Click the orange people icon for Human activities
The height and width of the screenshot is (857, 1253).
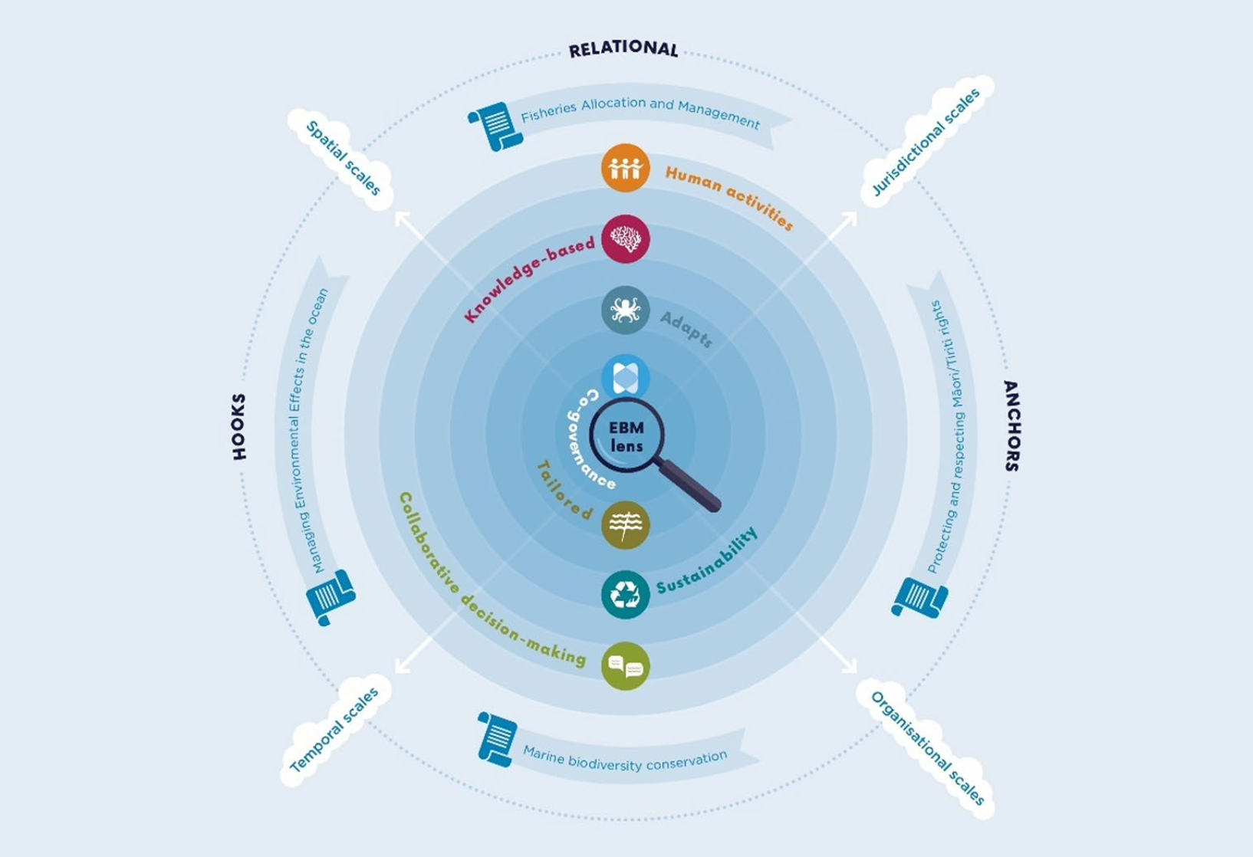pos(625,168)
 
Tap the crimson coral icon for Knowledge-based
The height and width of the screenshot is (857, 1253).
pos(625,239)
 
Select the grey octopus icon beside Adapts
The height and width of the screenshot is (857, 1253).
pos(625,310)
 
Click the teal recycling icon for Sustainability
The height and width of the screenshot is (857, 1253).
pos(625,594)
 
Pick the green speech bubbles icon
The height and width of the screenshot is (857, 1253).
pos(625,665)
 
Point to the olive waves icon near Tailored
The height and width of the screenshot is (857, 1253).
pos(625,525)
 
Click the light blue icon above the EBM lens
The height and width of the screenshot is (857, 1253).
pos(625,377)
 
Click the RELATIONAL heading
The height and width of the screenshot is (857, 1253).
pos(623,49)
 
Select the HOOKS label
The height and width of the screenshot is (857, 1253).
pos(239,427)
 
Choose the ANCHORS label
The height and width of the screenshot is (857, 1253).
pos(1011,425)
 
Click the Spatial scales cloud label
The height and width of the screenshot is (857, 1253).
pos(343,158)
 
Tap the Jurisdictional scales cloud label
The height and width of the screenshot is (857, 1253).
pos(926,142)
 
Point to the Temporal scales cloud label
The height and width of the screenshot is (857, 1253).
pos(334,729)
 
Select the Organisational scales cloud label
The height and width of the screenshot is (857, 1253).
pos(926,747)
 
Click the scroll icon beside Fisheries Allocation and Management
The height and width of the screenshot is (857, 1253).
pos(495,126)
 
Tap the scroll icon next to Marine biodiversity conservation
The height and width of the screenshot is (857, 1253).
pos(496,739)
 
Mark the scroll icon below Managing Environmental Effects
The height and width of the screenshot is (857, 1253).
pos(331,596)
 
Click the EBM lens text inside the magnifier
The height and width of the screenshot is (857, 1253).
pos(626,437)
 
